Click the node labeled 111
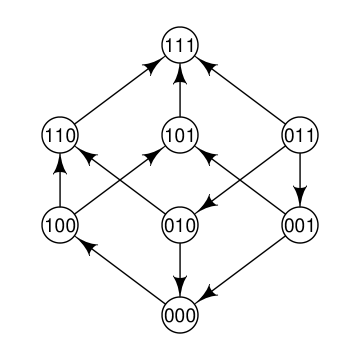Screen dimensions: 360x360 (180, 45)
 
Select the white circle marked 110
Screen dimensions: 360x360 (60, 135)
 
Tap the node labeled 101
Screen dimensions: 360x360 (180, 135)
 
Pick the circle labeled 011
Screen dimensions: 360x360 (300, 135)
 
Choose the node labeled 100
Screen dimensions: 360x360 (60, 225)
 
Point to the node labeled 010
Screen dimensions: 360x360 (180, 225)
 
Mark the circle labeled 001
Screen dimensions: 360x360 (300, 225)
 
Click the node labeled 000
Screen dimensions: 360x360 (180, 316)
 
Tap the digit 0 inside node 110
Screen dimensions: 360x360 (70, 135)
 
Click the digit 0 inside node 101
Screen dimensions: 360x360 (180, 135)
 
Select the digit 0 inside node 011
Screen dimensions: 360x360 (290, 135)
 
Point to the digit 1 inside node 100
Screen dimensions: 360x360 (50, 225)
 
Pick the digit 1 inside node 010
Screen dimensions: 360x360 (180, 225)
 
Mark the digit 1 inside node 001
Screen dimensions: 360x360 (310, 225)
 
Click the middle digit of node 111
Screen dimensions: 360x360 (180, 45)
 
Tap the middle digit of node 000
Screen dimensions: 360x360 (180, 316)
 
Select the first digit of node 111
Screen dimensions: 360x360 (171, 45)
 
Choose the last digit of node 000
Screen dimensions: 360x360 (190, 316)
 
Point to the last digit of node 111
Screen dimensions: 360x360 (189, 45)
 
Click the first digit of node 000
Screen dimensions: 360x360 (170, 316)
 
